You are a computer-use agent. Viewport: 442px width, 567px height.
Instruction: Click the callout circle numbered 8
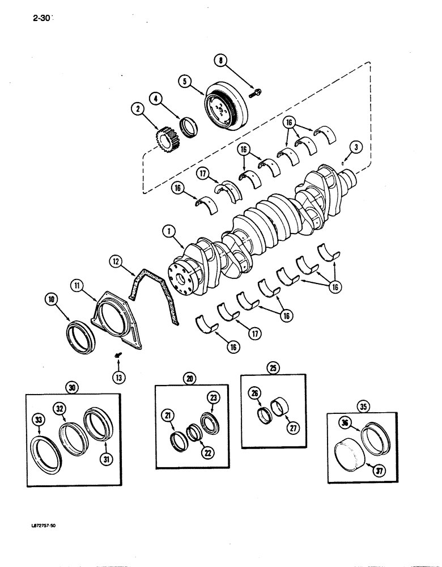click(x=222, y=60)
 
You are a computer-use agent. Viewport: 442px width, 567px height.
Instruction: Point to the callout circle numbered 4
click(x=156, y=98)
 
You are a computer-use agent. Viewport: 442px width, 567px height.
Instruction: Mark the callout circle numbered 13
click(x=120, y=377)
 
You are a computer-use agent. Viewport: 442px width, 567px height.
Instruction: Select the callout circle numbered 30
click(x=72, y=387)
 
